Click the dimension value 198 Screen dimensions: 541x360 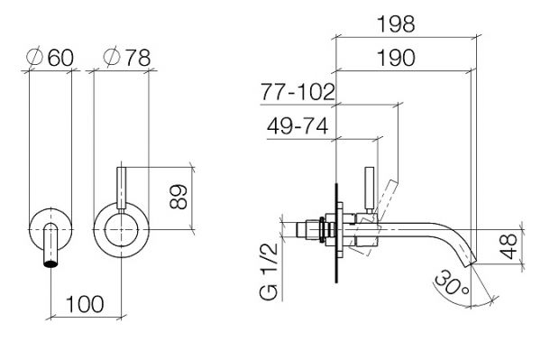[396, 24]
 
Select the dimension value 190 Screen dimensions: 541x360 [396, 58]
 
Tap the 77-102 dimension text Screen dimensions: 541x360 [298, 92]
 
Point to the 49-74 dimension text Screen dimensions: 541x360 [298, 125]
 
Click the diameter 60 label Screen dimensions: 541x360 [50, 58]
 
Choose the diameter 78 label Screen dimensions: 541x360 [127, 58]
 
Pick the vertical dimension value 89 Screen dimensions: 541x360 [179, 197]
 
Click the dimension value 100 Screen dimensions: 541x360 [85, 304]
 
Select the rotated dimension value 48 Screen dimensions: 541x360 [509, 246]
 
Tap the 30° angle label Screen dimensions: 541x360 [452, 283]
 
